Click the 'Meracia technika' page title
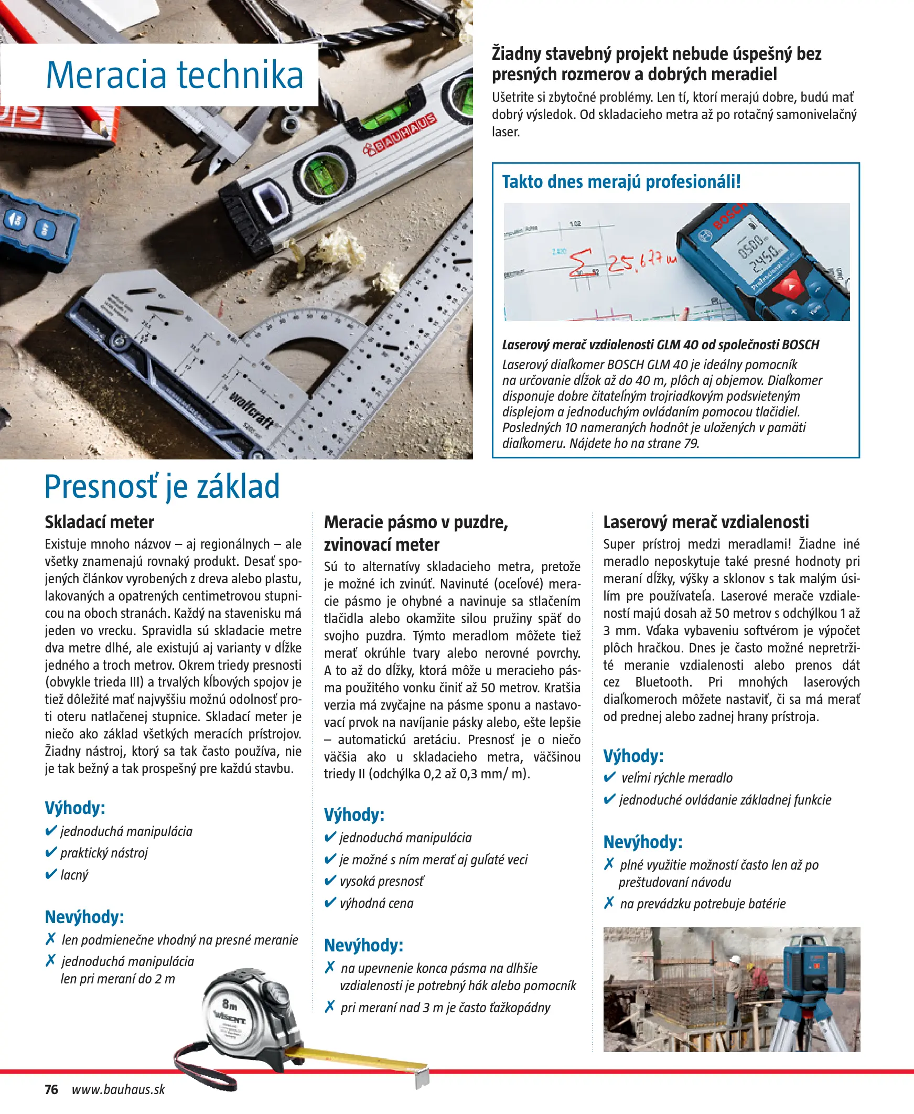175,76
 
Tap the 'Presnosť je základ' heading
162,486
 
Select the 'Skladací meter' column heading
100,522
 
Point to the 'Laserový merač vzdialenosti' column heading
705,522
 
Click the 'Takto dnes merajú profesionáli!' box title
621,181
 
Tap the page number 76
51,1089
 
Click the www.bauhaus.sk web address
119,1089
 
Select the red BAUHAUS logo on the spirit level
400,135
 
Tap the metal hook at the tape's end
423,1078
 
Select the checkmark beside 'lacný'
51,874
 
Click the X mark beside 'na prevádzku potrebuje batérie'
609,903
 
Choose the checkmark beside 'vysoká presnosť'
330,881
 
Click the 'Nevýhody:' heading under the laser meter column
642,842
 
